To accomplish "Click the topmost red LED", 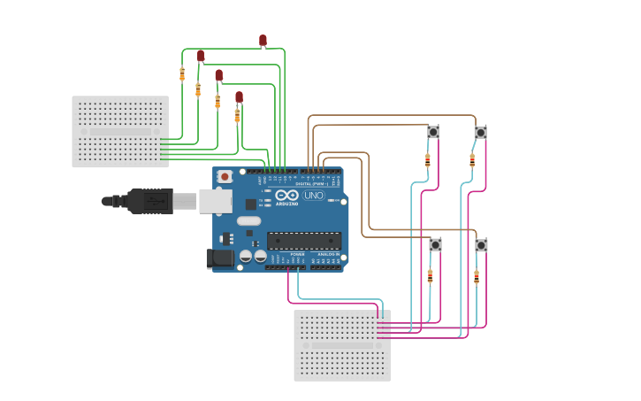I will [x=263, y=40].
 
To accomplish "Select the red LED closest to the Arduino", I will [x=239, y=96].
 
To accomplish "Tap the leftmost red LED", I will [x=201, y=56].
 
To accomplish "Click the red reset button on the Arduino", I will [x=225, y=176].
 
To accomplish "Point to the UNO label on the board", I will [x=314, y=195].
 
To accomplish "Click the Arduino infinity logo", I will [x=286, y=195].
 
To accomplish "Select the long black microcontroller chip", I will [x=303, y=240].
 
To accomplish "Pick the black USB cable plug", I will [x=150, y=201].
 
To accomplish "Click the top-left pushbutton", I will [x=433, y=132].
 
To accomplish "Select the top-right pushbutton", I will [x=480, y=132].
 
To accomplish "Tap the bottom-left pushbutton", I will [x=435, y=244].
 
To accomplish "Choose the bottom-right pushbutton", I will [x=481, y=245].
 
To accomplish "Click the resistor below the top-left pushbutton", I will [x=428, y=160].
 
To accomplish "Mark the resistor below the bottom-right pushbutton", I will [x=477, y=277].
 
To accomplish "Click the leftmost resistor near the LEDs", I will [x=182, y=74].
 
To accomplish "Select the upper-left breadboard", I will [x=120, y=131].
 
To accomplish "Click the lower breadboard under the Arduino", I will [x=342, y=345].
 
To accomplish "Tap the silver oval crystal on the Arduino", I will [x=249, y=220].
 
